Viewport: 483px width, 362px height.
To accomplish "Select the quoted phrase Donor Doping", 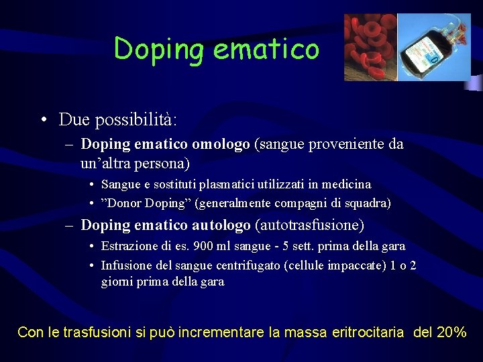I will (x=138, y=203).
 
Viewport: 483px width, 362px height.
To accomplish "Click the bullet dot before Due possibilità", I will (x=42, y=121).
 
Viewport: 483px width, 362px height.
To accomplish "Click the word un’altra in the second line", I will (x=107, y=163).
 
